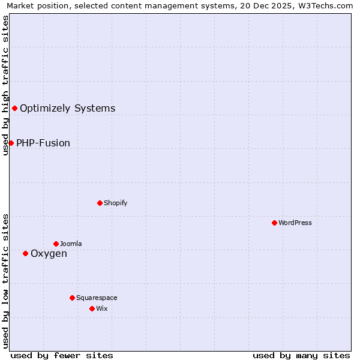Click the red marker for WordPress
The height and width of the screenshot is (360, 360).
tap(274, 223)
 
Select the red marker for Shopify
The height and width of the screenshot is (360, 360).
tap(100, 203)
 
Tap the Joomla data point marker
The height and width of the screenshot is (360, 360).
tap(56, 244)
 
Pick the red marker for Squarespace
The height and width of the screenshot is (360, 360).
tap(72, 298)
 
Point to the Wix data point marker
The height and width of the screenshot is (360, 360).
tap(92, 308)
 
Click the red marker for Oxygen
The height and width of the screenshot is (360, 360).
tap(25, 253)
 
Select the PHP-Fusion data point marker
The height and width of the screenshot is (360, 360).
tap(11, 143)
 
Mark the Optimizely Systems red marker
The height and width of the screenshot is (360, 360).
tap(14, 108)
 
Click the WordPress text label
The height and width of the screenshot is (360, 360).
tap(295, 223)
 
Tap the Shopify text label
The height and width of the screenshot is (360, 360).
tap(115, 203)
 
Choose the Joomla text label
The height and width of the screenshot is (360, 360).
tap(71, 244)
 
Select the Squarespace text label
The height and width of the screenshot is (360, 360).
tap(97, 298)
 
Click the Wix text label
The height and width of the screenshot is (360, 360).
tap(101, 308)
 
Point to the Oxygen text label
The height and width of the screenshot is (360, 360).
tap(49, 253)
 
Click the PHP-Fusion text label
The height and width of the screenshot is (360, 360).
tap(43, 143)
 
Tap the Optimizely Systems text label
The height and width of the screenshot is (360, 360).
tap(67, 108)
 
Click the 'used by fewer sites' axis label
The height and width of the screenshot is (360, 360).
tap(62, 355)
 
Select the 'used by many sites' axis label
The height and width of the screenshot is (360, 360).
tap(301, 355)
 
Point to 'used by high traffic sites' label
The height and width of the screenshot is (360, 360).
tap(5, 85)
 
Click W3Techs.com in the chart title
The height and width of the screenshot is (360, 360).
tap(328, 5)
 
